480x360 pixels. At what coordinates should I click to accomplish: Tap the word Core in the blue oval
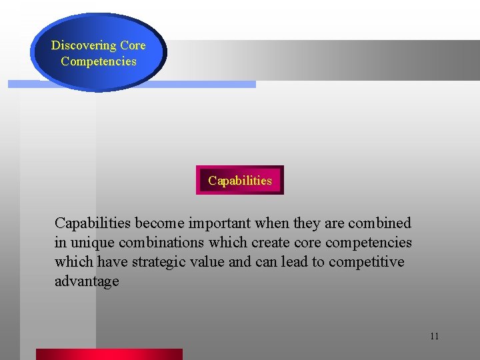[x=133, y=46]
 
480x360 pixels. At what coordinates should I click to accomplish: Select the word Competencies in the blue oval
[x=98, y=61]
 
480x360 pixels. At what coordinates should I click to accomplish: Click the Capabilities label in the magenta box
[x=240, y=180]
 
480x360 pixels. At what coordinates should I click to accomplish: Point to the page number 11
[x=434, y=336]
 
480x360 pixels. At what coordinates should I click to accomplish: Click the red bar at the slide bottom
[x=109, y=354]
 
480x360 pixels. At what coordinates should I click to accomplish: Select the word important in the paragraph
[x=217, y=223]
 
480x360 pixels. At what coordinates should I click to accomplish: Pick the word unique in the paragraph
[x=91, y=243]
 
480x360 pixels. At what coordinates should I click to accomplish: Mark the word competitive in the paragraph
[x=370, y=262]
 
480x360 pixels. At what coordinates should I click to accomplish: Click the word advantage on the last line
[x=87, y=281]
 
